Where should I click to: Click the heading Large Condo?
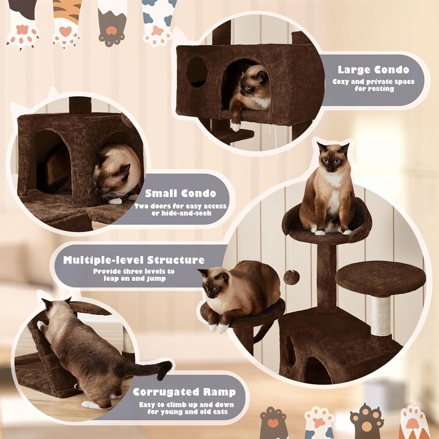[x=373, y=70]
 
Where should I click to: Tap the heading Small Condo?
[x=181, y=193]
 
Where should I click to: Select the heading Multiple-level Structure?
[x=134, y=260]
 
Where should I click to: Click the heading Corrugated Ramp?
[x=184, y=392]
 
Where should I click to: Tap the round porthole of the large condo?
[x=197, y=72]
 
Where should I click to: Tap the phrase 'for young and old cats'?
[x=187, y=412]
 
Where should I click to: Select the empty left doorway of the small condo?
[x=53, y=164]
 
